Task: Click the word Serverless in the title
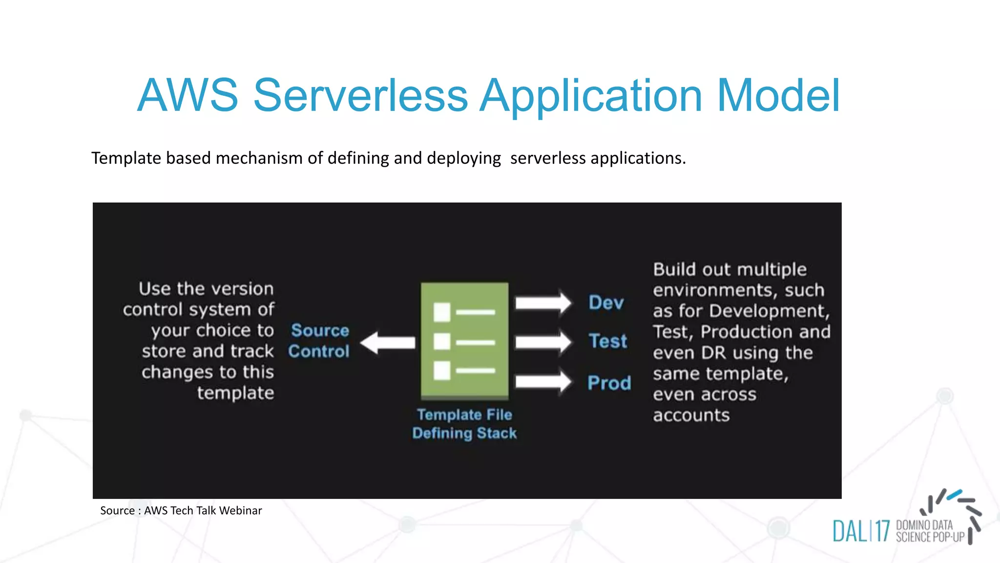(x=360, y=95)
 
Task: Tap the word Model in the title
(x=778, y=95)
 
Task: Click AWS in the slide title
(x=187, y=95)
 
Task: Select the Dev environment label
(x=606, y=303)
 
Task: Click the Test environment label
(x=607, y=341)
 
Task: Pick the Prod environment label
(x=609, y=383)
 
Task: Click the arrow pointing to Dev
(x=542, y=303)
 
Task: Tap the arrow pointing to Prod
(x=542, y=382)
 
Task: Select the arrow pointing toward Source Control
(x=388, y=343)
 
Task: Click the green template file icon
(x=464, y=341)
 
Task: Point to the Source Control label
(x=319, y=341)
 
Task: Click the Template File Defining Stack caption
(x=464, y=424)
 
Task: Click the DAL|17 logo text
(x=861, y=531)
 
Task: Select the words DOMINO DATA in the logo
(x=924, y=525)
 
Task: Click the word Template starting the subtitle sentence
(x=126, y=158)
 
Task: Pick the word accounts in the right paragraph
(x=691, y=415)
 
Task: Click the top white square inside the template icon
(x=442, y=312)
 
